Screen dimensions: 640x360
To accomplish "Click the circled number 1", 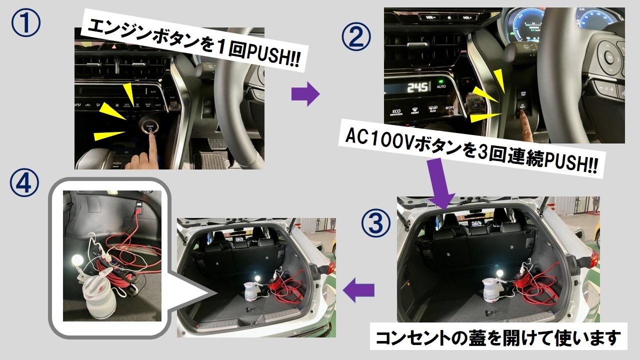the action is (25, 22).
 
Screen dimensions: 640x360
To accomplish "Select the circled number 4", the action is (24, 182).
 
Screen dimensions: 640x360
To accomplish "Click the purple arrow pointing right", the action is (305, 93).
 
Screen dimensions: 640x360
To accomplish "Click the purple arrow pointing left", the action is (358, 290).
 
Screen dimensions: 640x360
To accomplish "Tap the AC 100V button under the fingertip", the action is (522, 106).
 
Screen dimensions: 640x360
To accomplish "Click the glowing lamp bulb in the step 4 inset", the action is (77, 260).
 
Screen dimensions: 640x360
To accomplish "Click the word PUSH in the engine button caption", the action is (266, 54).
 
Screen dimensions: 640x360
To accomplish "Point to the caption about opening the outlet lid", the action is (498, 337).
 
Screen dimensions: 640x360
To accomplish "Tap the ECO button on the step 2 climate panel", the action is (396, 112).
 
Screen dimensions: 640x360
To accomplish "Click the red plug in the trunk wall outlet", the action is (138, 211).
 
